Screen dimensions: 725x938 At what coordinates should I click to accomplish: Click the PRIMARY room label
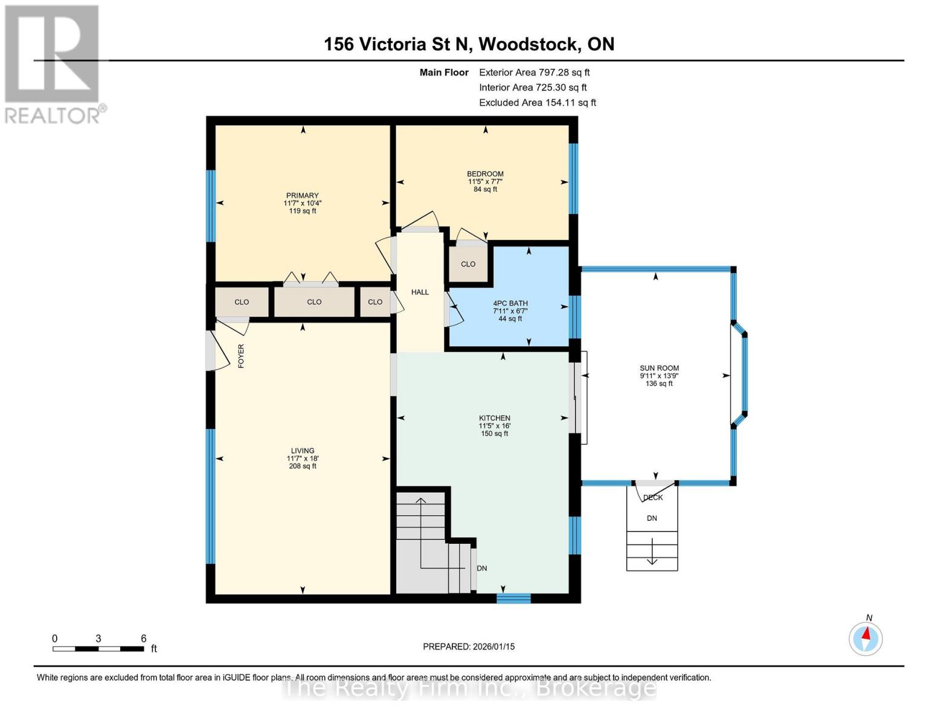tap(302, 196)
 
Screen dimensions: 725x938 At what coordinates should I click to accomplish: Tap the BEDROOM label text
tap(485, 174)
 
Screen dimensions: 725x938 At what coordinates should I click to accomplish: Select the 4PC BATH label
tap(510, 304)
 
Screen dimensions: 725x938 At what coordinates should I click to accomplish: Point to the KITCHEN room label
tap(495, 418)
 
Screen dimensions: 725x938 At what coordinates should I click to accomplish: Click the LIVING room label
tap(303, 451)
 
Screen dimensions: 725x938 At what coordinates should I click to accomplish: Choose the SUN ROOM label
tap(659, 368)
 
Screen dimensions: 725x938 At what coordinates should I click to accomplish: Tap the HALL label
tap(420, 292)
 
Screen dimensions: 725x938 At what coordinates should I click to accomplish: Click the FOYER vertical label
tap(241, 356)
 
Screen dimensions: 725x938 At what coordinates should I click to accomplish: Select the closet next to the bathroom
tap(468, 264)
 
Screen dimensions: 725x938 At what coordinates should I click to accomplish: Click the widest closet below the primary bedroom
tap(314, 302)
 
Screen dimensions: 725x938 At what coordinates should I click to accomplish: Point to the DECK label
tap(653, 498)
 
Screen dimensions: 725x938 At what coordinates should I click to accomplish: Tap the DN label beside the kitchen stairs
tap(482, 569)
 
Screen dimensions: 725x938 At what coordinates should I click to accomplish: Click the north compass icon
tap(866, 638)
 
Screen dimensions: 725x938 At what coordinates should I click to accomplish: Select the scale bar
tap(98, 649)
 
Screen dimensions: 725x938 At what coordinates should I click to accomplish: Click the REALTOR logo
tap(52, 63)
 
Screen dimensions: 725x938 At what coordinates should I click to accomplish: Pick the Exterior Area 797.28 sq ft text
tap(534, 72)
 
